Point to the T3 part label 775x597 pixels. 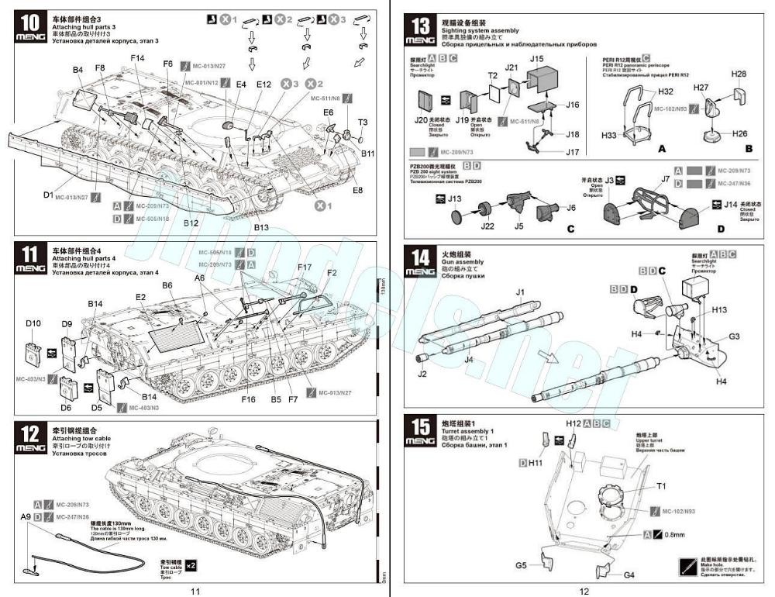363,122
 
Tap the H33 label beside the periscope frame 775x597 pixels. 609,135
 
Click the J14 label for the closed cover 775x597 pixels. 730,205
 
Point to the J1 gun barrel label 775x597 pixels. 521,291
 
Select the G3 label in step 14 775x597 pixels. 735,336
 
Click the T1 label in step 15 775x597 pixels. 661,486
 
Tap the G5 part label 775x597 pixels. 521,566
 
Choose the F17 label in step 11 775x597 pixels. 304,267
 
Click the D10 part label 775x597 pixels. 33,322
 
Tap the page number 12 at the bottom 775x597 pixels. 584,592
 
